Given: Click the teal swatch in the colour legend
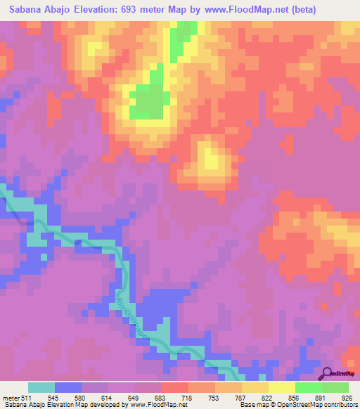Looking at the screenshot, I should [x=41, y=387].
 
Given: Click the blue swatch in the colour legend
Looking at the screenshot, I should [x=68, y=387].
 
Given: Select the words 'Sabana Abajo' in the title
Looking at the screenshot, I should [x=38, y=10].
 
